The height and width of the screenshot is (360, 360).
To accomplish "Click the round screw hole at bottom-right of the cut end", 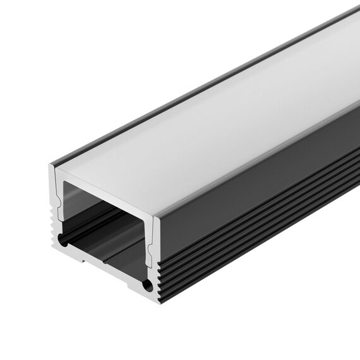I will [148, 285].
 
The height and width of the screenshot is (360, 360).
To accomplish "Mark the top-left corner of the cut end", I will [51, 165].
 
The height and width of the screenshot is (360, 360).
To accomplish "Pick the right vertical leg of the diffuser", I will [150, 246].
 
